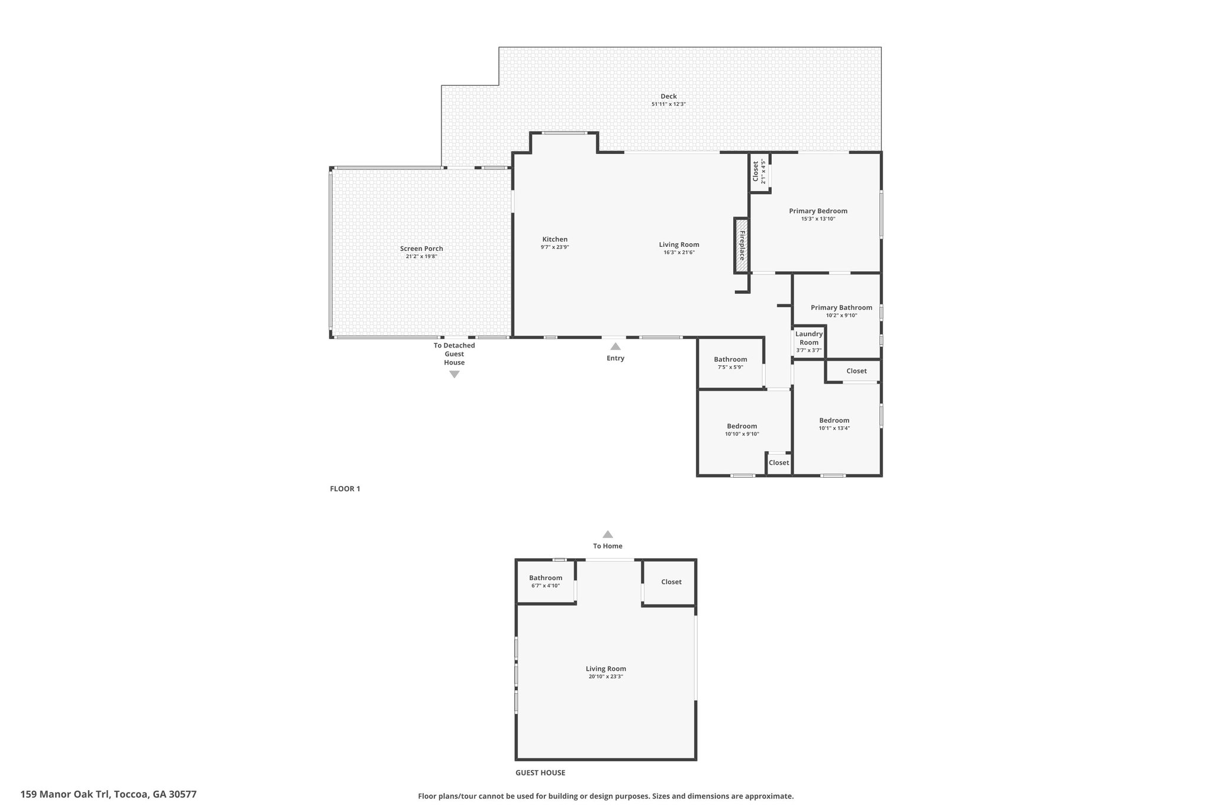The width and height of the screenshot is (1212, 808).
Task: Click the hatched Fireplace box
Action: (741, 246)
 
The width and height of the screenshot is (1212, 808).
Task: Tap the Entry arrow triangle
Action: (615, 346)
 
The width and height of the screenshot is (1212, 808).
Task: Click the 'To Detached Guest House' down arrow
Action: (454, 374)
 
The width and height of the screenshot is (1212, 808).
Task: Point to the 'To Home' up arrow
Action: (608, 534)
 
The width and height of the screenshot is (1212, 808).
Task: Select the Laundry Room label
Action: (808, 338)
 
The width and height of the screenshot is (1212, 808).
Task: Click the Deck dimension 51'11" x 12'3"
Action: (668, 104)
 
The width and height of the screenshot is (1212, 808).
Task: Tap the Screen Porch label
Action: (421, 249)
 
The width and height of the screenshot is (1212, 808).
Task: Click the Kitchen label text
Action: (555, 239)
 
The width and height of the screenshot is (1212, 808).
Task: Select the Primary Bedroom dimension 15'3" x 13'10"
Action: (818, 219)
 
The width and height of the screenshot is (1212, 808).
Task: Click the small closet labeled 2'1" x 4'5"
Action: (759, 172)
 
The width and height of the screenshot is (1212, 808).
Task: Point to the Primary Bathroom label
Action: (841, 307)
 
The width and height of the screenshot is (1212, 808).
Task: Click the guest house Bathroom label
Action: (546, 578)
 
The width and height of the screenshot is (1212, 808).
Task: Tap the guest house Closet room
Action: (671, 582)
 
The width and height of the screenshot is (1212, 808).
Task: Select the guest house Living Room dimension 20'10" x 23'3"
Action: (605, 677)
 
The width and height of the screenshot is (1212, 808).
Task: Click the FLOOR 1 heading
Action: (345, 489)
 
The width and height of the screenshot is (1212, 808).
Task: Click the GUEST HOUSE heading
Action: (540, 772)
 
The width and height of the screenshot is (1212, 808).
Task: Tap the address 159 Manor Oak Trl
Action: (108, 794)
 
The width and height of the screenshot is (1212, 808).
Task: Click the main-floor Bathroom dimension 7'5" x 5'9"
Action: (730, 367)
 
